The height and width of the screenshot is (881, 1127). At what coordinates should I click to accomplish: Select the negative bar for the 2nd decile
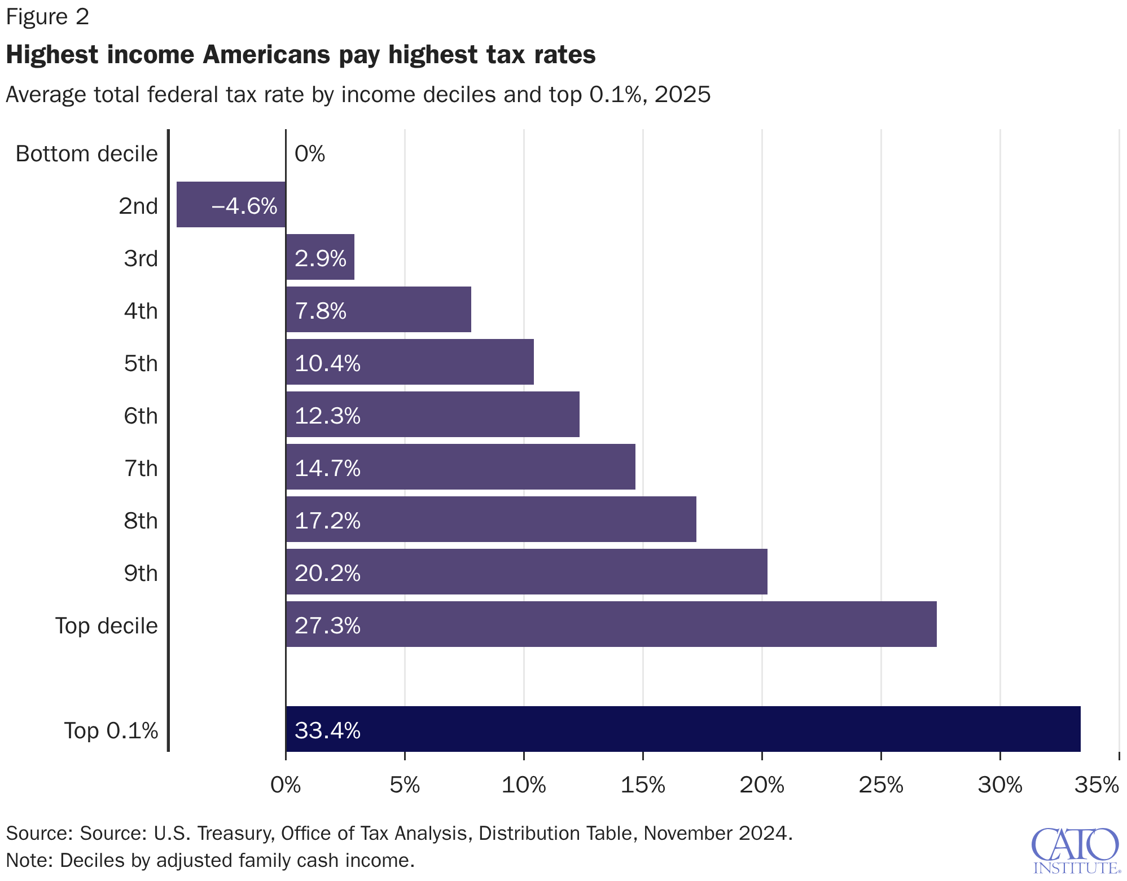click(231, 204)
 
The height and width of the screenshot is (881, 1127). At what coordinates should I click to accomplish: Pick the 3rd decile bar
click(320, 257)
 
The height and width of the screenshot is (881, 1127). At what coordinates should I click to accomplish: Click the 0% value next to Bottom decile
click(310, 153)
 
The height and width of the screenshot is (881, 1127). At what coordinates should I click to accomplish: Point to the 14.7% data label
click(327, 468)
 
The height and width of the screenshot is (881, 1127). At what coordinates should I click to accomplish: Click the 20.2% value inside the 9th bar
click(327, 573)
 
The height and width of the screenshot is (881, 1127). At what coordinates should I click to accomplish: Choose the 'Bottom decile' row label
click(86, 153)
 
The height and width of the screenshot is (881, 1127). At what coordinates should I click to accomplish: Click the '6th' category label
click(141, 416)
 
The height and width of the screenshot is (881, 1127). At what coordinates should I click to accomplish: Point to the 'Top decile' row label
click(106, 625)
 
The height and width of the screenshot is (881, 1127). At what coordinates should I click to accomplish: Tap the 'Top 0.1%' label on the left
click(111, 730)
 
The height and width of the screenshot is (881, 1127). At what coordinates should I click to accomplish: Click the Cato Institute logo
click(1075, 849)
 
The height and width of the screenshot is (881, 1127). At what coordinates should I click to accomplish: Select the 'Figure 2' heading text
click(47, 17)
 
